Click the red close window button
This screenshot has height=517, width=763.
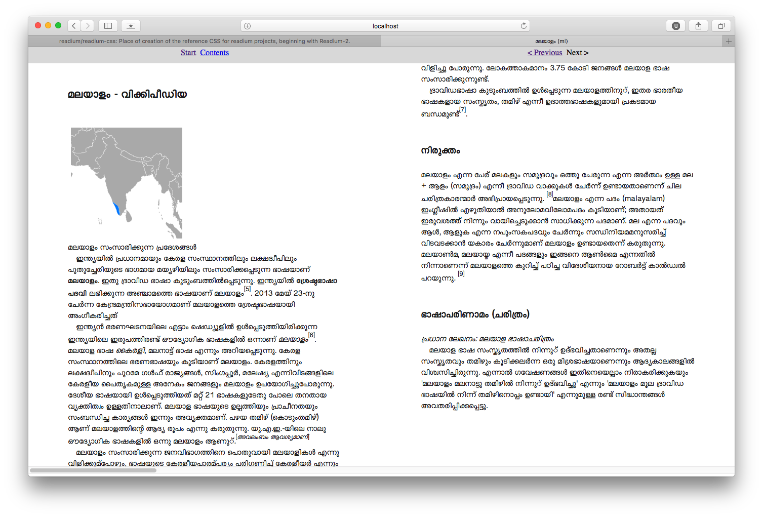click(x=38, y=25)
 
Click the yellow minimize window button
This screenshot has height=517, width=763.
click(x=48, y=25)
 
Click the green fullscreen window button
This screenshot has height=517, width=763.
click(x=58, y=25)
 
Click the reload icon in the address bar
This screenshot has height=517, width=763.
click(x=524, y=26)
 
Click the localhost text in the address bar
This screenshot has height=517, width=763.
click(x=385, y=26)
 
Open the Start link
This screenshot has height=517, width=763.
click(x=188, y=53)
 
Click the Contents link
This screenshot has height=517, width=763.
click(x=214, y=53)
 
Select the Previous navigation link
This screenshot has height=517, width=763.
click(x=545, y=53)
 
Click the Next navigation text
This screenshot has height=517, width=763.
click(x=577, y=53)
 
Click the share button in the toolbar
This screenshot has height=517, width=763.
click(x=698, y=26)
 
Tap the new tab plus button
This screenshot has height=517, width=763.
click(x=729, y=41)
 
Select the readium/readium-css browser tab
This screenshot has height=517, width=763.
click(x=205, y=41)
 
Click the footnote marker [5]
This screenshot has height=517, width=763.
click(x=247, y=289)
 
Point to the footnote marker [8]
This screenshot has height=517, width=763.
click(x=550, y=194)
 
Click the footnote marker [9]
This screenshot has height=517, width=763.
click(x=461, y=274)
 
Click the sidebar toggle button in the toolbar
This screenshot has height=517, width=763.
click(x=108, y=26)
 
